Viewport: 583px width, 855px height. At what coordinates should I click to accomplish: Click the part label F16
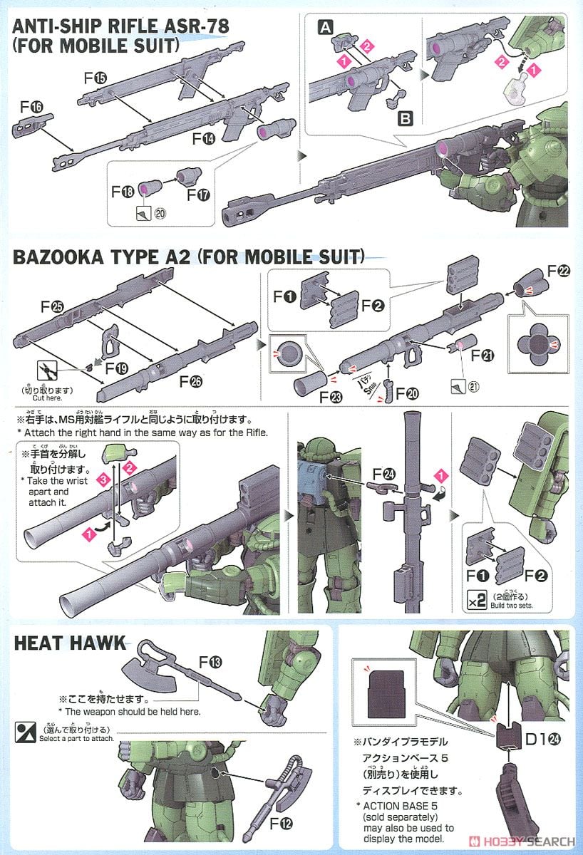coord(32,106)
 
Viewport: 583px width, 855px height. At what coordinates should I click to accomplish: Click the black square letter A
coord(325,28)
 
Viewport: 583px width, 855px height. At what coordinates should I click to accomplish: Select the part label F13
coord(212,663)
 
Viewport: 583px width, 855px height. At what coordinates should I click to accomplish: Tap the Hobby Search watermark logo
coord(521,842)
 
